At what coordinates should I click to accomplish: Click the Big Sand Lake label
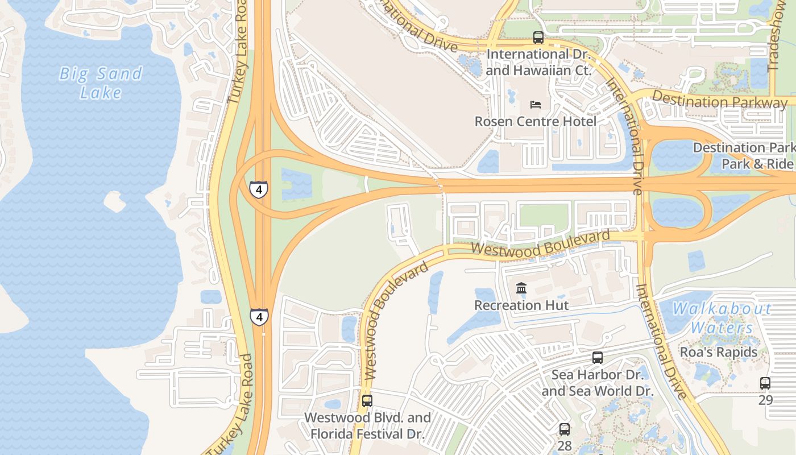point(101,82)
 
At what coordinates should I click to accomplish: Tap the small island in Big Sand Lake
point(114,201)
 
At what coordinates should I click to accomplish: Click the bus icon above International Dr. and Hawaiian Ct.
point(538,38)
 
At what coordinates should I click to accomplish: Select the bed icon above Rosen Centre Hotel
point(536,105)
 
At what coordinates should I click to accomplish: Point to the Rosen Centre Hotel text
point(536,121)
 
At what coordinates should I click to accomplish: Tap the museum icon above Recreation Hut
point(521,288)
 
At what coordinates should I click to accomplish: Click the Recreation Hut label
point(521,305)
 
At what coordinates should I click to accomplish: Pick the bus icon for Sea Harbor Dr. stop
point(597,358)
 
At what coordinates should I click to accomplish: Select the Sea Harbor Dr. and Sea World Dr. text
point(598,383)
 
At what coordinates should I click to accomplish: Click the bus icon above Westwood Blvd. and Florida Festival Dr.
point(367,400)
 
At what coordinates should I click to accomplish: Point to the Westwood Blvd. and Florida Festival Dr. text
point(367,425)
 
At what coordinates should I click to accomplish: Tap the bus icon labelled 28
point(564,429)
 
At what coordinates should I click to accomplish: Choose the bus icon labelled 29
point(765,383)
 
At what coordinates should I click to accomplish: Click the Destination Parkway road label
point(719,101)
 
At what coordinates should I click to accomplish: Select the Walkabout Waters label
point(722,318)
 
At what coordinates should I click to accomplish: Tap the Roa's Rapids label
point(719,352)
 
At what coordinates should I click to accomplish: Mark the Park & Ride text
point(757,164)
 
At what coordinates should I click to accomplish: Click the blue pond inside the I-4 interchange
point(296,184)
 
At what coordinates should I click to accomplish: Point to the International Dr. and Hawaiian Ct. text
point(538,63)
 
